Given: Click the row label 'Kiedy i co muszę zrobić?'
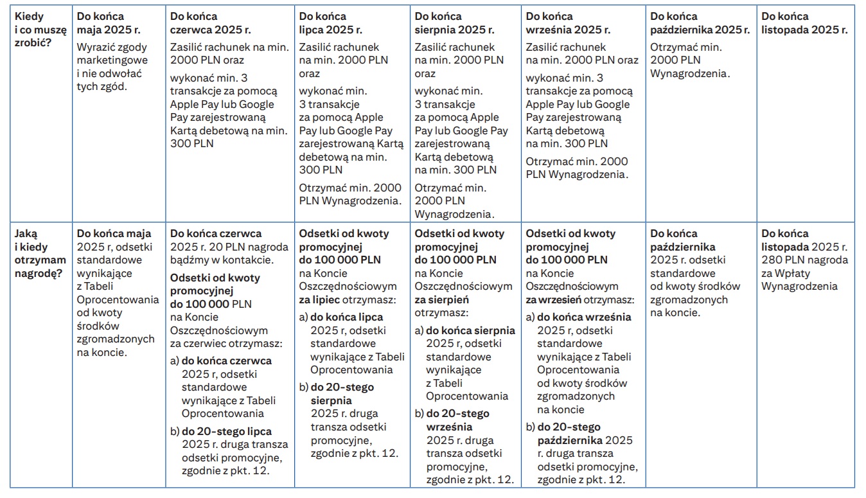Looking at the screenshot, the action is click(40, 30).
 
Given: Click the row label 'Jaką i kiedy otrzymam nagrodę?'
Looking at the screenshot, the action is click(40, 253).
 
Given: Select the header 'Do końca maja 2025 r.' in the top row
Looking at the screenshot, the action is click(108, 23).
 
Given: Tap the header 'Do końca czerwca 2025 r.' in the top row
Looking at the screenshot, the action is click(210, 23).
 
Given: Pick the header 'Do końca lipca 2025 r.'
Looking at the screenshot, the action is click(331, 23).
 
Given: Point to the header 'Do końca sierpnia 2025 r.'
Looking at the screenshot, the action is click(454, 23).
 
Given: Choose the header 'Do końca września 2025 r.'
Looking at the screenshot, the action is click(568, 23).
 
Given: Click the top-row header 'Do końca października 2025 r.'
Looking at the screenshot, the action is click(700, 23).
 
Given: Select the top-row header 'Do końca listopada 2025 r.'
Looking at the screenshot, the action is click(804, 23).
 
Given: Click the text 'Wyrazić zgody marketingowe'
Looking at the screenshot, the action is click(112, 53).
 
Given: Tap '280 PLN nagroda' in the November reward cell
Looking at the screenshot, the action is click(804, 260).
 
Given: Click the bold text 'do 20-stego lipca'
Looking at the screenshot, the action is click(227, 431).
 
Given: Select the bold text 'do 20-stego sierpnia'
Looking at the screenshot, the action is click(342, 394).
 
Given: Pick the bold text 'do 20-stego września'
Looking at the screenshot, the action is click(458, 420).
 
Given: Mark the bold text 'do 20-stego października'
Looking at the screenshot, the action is click(570, 434).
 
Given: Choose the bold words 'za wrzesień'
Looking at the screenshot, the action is click(553, 299).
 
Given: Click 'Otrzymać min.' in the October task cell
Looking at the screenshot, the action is click(686, 47).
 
